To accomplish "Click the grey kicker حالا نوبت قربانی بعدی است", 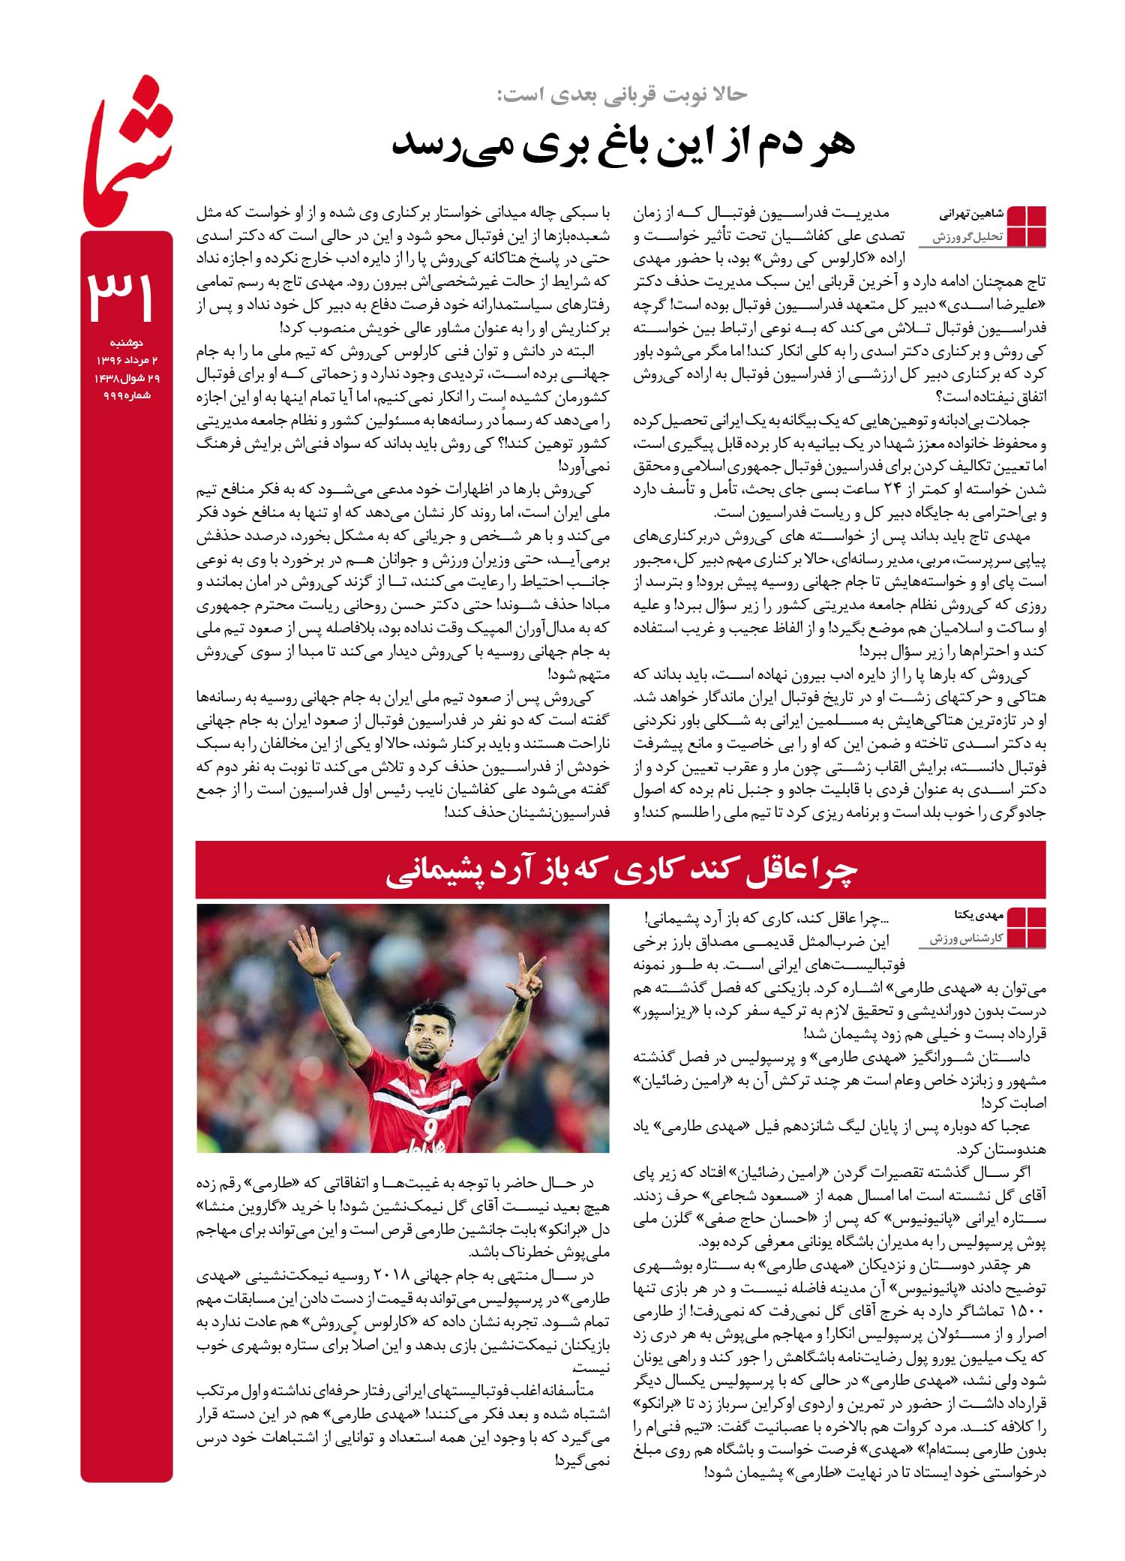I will pos(622,95).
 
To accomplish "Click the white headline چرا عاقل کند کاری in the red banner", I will pos(622,869).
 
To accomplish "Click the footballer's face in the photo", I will pos(427,1037).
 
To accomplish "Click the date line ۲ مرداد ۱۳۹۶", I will pos(127,361).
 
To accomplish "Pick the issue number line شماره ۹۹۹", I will pos(127,396).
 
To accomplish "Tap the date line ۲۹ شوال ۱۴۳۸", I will pos(127,378).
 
